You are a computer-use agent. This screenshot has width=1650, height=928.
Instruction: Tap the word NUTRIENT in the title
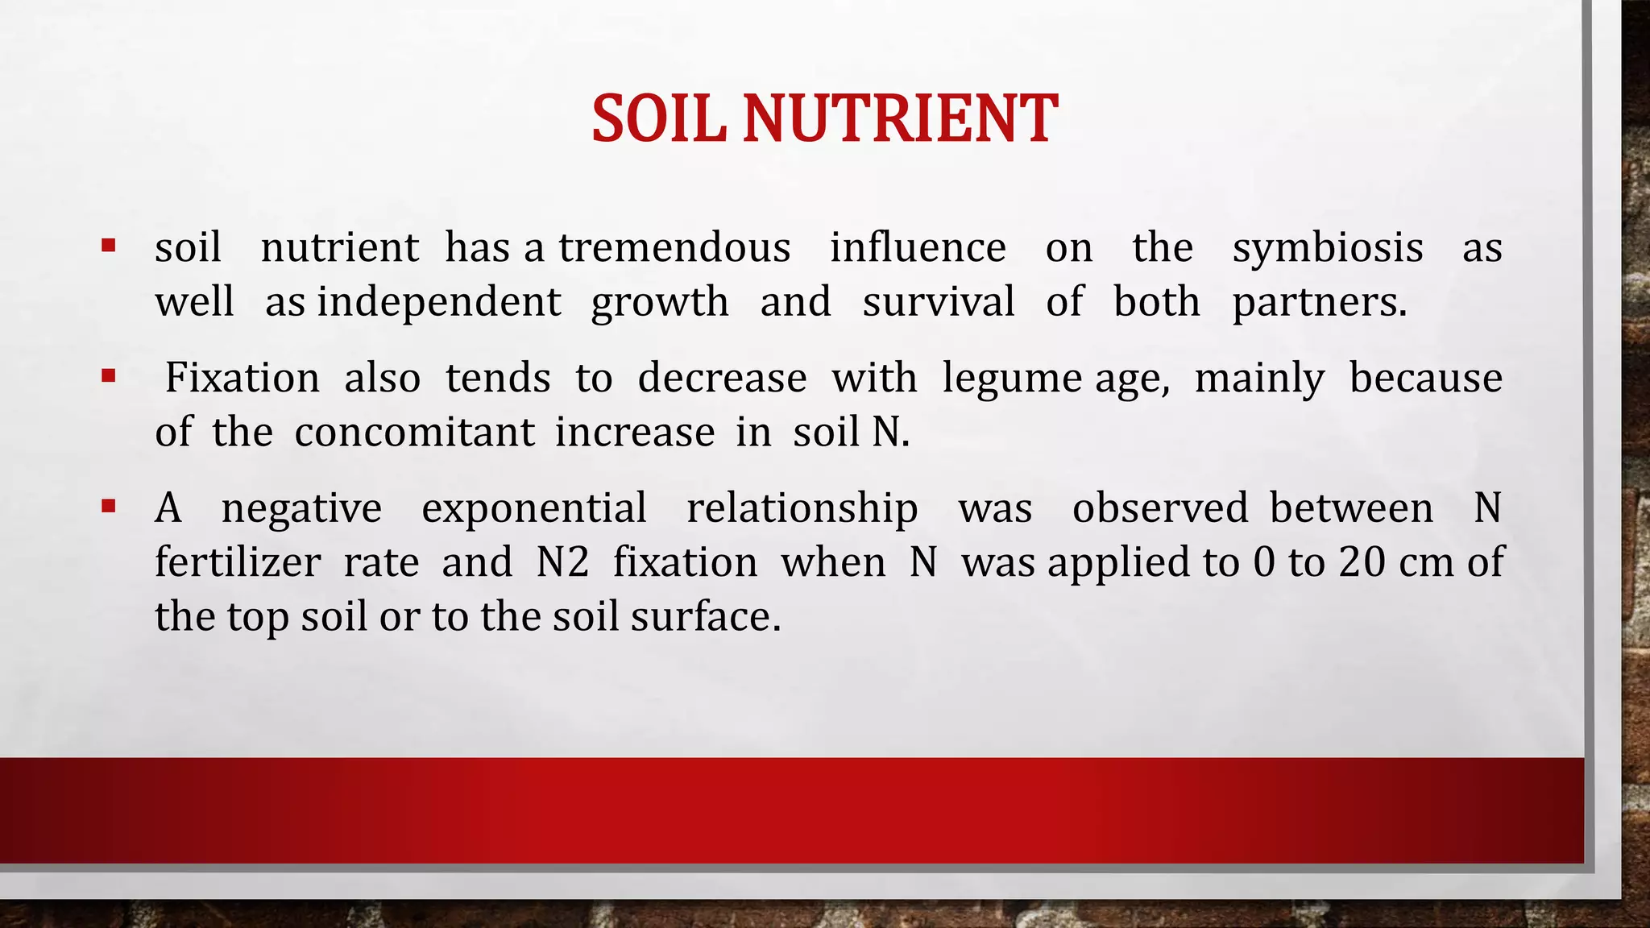click(899, 119)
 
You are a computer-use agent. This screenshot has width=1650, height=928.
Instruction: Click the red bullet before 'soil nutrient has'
click(109, 244)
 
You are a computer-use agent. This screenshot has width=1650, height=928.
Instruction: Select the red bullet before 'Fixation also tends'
click(109, 375)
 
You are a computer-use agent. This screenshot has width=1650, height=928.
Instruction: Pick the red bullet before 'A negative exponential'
click(109, 506)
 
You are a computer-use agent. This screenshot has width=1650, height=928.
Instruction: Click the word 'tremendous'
click(674, 247)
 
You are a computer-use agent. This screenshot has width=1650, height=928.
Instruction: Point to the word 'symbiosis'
click(1327, 247)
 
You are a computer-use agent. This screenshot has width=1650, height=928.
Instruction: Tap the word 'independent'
click(439, 302)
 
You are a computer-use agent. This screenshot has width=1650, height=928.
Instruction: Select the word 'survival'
click(938, 302)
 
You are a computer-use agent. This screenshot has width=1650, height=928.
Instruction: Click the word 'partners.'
click(1319, 302)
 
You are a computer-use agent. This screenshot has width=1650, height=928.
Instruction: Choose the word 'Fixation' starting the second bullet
click(242, 378)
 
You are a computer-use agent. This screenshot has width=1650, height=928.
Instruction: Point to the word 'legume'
click(1012, 378)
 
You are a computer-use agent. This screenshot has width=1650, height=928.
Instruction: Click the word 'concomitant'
click(414, 433)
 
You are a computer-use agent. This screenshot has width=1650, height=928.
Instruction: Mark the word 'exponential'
click(533, 508)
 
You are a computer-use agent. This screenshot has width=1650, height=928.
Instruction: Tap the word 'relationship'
click(802, 508)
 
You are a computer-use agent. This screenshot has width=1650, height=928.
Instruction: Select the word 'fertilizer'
click(238, 562)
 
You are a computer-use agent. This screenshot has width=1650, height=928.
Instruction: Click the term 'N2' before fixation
click(562, 562)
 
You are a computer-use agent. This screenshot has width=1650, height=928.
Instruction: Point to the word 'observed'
click(1159, 508)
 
